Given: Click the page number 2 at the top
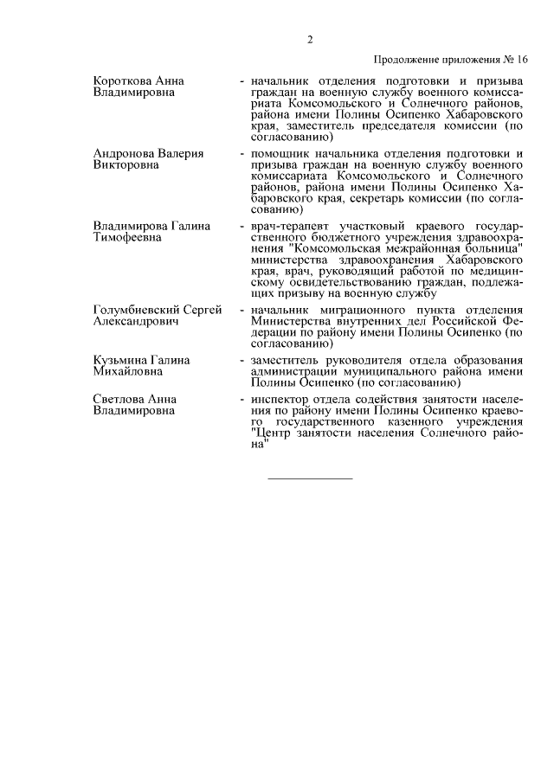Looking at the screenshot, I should pos(309,39).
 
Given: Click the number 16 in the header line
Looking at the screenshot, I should pos(520,60).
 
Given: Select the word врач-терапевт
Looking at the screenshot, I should pos(287,226).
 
